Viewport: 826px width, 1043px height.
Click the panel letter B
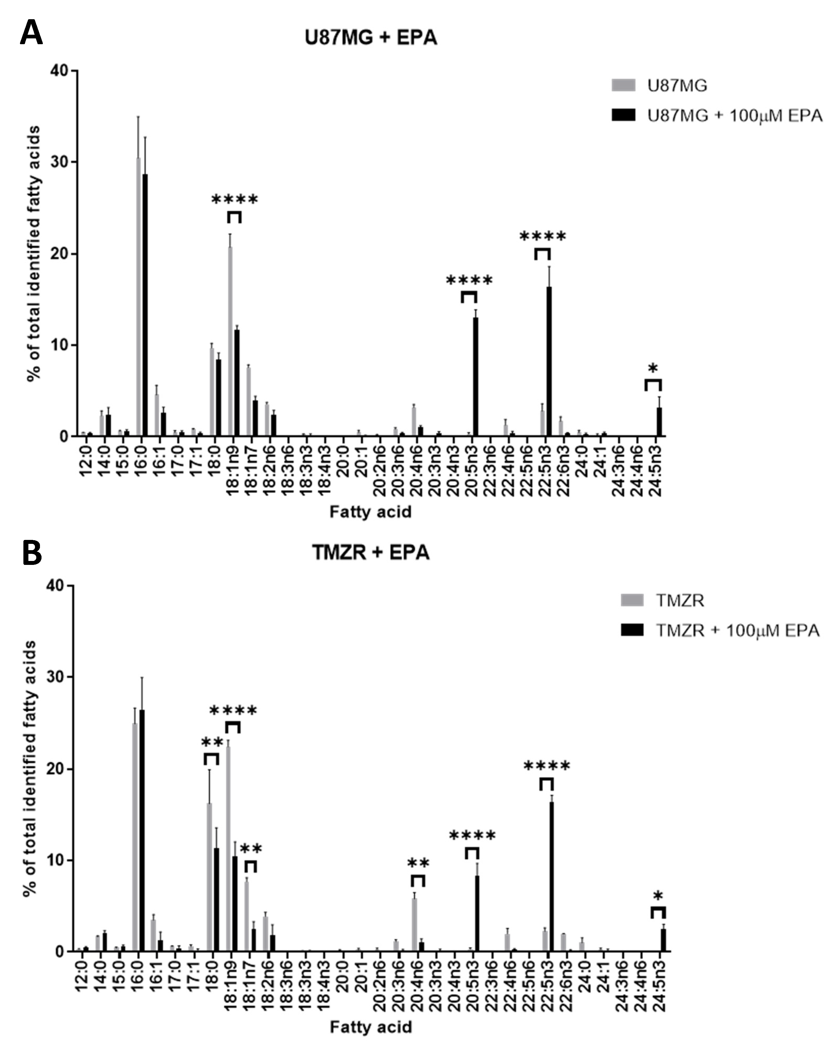point(32,554)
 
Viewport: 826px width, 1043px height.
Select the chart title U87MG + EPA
point(371,38)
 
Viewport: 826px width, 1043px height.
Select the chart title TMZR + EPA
point(371,552)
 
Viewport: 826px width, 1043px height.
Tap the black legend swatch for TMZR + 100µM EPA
point(632,630)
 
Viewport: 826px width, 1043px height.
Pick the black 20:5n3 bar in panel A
point(476,377)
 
